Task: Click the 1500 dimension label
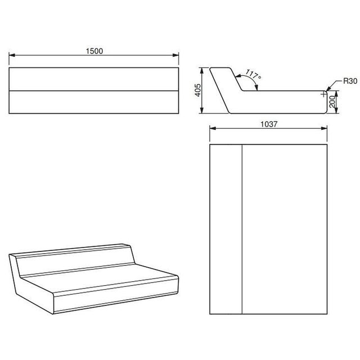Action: tap(94, 51)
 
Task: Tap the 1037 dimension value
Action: tap(269, 124)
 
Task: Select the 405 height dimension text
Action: tap(197, 90)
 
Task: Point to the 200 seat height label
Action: tap(332, 102)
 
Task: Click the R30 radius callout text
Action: tap(350, 81)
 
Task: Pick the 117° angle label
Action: tap(253, 74)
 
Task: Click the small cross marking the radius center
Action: tap(324, 94)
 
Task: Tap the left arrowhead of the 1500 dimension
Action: tap(12, 55)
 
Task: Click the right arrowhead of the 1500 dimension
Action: tap(175, 55)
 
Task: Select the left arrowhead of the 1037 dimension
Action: tap(213, 128)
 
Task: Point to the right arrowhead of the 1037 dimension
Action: tap(324, 128)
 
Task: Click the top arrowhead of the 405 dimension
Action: tap(201, 71)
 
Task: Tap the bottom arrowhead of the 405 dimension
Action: tap(201, 110)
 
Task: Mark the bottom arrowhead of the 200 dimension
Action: tap(336, 110)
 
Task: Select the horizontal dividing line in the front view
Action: tap(94, 91)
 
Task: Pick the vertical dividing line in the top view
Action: tap(242, 229)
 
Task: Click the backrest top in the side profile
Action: tap(220, 67)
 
